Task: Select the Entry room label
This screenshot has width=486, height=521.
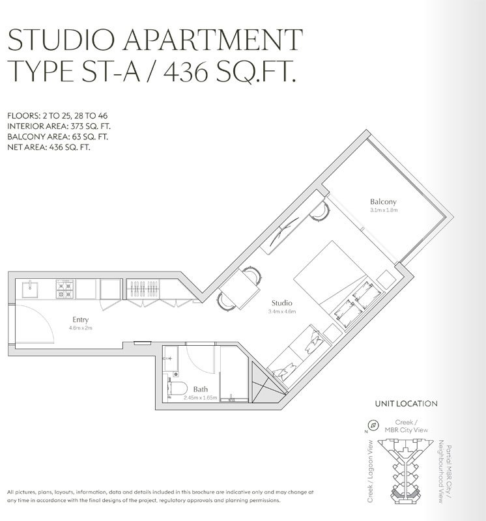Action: coord(81,319)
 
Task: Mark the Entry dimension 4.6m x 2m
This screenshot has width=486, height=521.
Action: coord(81,328)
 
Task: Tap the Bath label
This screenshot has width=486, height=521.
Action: coord(200,389)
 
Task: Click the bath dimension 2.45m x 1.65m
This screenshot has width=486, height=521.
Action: coord(200,397)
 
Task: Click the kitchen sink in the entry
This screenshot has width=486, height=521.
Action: coord(29,286)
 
